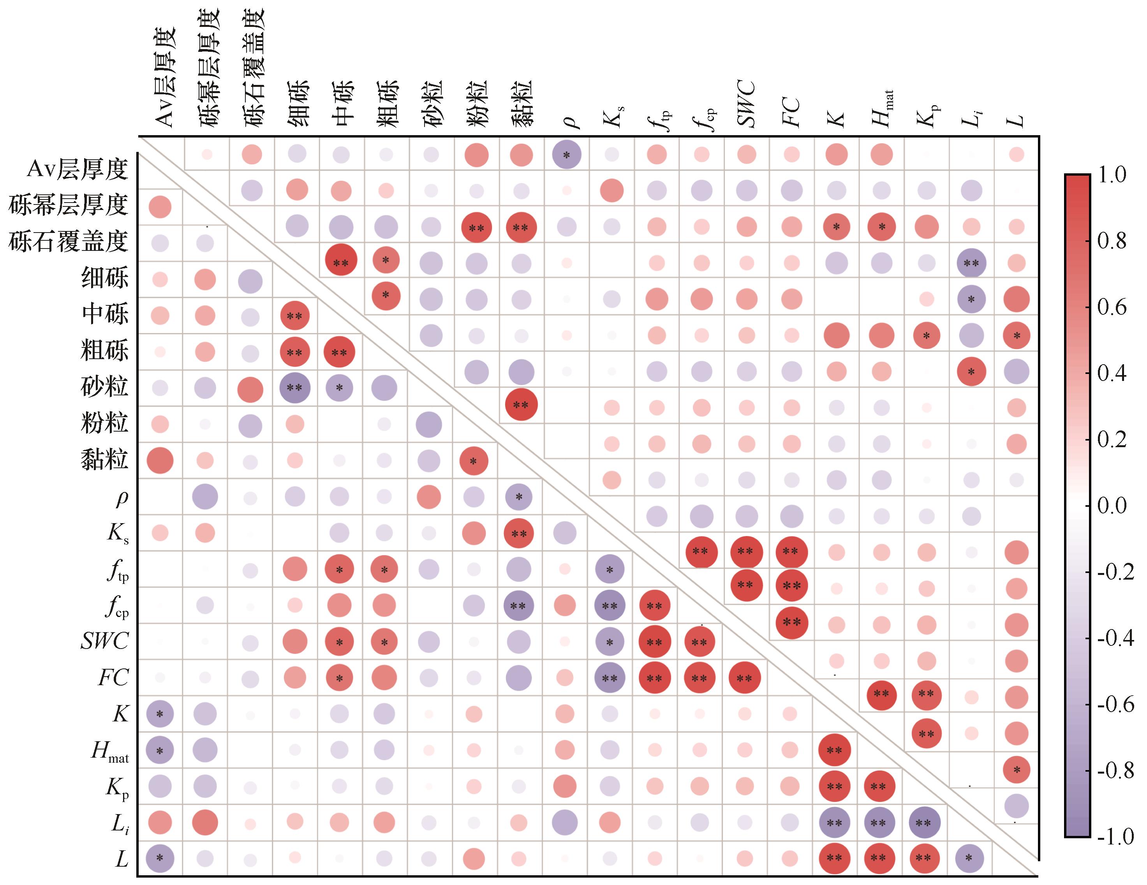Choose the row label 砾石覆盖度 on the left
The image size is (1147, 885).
pyautogui.click(x=68, y=241)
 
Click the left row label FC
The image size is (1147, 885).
pyautogui.click(x=113, y=677)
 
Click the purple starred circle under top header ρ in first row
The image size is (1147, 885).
pyautogui.click(x=567, y=155)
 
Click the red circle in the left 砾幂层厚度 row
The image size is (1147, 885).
pyautogui.click(x=160, y=207)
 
